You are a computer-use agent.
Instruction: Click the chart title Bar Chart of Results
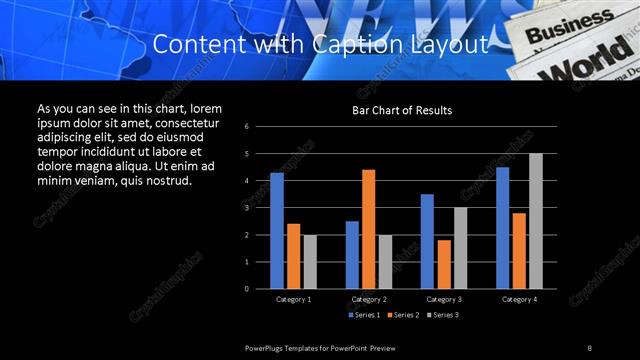coord(401,109)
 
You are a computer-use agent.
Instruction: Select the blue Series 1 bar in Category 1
coord(276,230)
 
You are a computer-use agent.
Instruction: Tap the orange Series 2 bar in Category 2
coord(368,229)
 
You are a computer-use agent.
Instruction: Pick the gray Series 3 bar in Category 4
coord(535,221)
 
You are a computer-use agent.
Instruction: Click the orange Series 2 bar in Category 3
coord(444,264)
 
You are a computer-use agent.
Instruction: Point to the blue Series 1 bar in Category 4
coord(502,227)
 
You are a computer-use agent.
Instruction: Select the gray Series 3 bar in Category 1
coord(309,261)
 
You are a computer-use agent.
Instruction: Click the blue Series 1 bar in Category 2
coord(352,254)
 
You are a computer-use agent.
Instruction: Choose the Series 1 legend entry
coord(365,315)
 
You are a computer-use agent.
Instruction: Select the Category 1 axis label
coord(293,299)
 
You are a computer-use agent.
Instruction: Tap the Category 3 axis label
coord(443,299)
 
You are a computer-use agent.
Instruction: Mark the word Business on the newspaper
coord(574,23)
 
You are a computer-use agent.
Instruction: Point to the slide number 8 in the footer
coord(590,346)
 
